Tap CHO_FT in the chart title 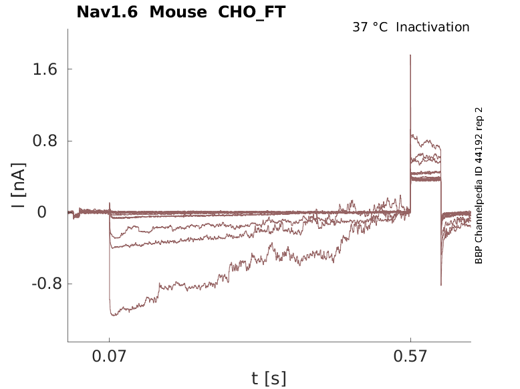point(251,12)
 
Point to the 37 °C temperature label point(370,27)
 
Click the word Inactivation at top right point(432,27)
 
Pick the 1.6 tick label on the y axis point(42,69)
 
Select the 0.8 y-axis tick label point(42,141)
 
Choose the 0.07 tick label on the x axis point(109,357)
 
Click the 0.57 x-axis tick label point(410,357)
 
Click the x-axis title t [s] point(269,379)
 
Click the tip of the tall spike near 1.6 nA point(410,55)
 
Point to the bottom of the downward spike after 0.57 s point(441,285)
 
